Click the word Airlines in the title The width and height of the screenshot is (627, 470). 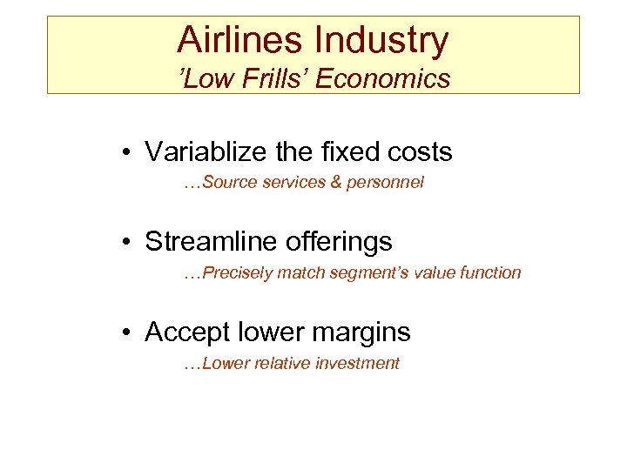coord(229,40)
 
